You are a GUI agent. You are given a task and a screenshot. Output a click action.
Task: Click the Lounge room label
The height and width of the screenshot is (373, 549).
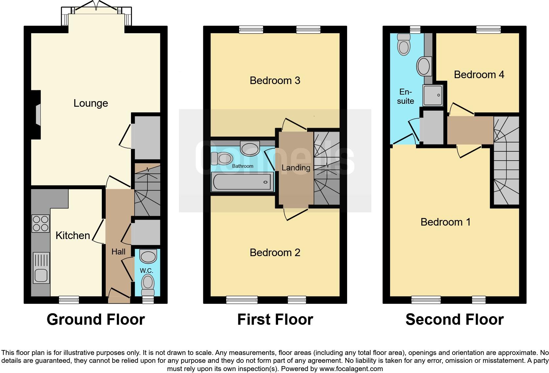(91, 103)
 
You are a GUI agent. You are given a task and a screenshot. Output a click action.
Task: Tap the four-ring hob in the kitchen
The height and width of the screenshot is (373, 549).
(41, 223)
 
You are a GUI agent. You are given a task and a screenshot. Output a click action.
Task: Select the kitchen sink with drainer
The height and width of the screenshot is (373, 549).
(41, 268)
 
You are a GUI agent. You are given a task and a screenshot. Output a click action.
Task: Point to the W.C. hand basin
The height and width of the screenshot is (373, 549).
(148, 256)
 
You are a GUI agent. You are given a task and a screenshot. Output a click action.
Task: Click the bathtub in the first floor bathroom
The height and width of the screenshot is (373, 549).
(242, 182)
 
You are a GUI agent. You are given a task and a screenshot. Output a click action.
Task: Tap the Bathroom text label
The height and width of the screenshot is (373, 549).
(243, 166)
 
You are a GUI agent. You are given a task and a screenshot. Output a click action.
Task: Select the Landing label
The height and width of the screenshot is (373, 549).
(296, 168)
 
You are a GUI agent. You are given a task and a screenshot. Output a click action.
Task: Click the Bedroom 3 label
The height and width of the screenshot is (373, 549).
(275, 80)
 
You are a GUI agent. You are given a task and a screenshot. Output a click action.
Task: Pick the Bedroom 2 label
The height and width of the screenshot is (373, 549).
(275, 252)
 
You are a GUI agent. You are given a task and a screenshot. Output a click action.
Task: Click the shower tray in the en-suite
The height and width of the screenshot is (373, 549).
(433, 95)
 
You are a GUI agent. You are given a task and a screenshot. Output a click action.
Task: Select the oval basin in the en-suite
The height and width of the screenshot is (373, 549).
(424, 66)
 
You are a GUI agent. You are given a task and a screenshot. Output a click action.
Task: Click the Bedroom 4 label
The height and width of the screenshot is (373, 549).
(479, 75)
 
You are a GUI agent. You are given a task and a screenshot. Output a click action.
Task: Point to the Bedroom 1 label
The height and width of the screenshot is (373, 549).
(445, 222)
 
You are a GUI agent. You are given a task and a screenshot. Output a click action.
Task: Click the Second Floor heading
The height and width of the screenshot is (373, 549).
(454, 319)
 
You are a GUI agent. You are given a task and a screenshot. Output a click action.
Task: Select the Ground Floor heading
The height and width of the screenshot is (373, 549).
(96, 319)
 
